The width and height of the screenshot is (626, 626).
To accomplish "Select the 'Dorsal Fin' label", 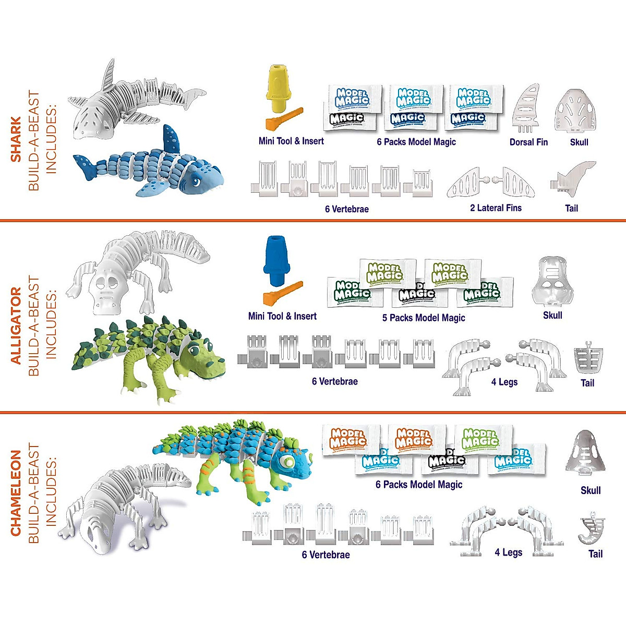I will [x=528, y=142].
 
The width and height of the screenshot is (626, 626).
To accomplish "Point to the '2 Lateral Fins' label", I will [x=496, y=208].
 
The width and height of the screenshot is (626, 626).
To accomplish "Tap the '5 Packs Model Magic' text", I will [x=423, y=318].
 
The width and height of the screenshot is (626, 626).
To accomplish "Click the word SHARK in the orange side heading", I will [x=16, y=140].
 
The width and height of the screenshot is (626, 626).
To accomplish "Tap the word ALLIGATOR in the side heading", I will [x=16, y=326].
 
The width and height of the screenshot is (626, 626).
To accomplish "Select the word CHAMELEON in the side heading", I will [x=16, y=493].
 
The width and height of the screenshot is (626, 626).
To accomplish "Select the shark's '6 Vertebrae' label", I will [x=346, y=209].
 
